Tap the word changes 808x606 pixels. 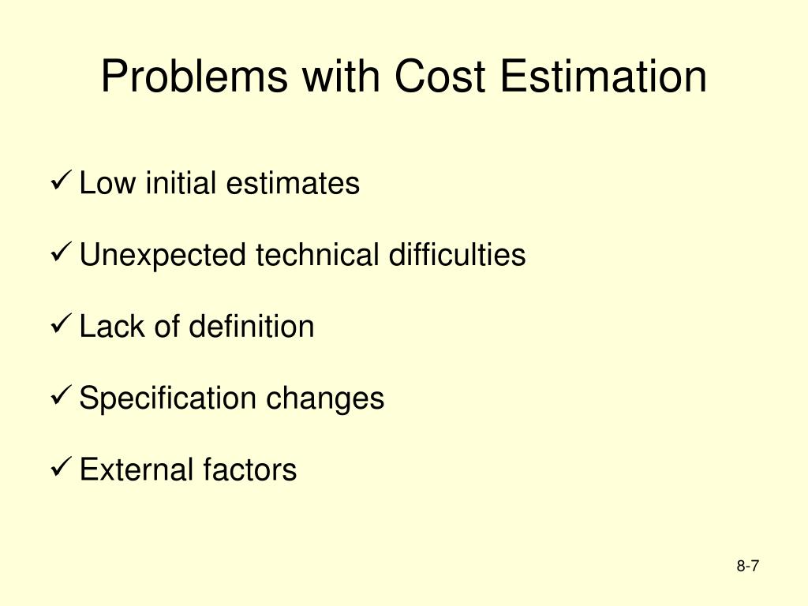tap(324, 399)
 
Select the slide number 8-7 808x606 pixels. tap(747, 566)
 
